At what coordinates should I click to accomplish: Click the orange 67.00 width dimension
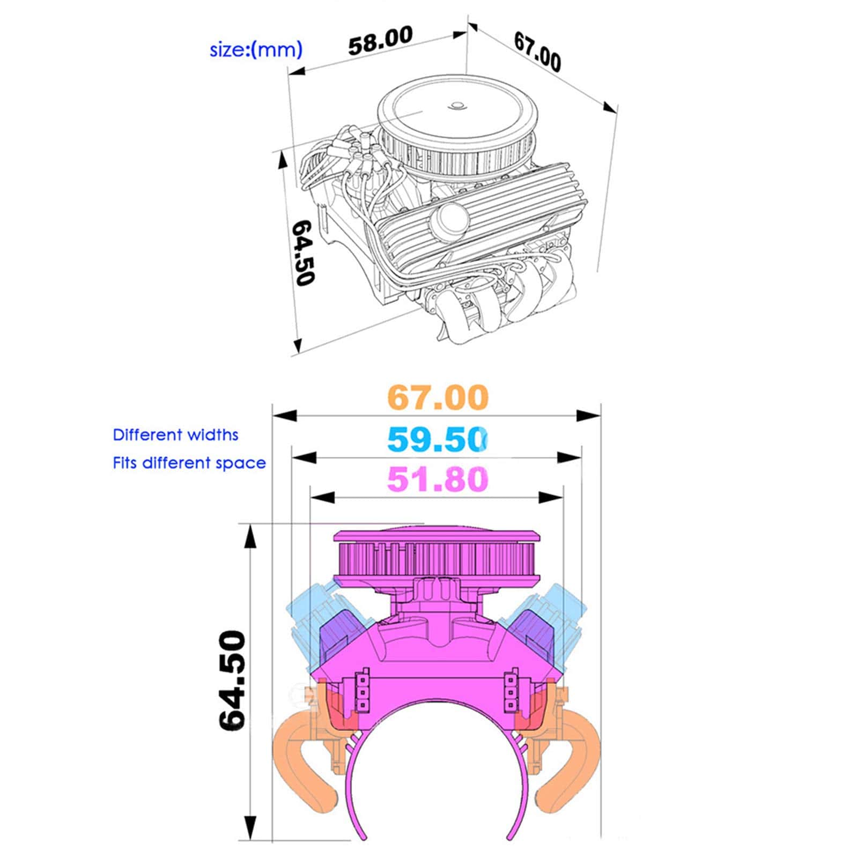[438, 397]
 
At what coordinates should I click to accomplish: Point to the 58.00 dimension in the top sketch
[381, 40]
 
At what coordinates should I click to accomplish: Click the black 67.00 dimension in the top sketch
[538, 51]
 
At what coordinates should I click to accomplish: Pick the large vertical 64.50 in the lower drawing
[232, 680]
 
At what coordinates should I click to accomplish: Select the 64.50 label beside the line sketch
[302, 253]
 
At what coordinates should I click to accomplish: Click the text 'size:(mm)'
[256, 50]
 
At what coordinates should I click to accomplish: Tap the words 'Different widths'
[175, 434]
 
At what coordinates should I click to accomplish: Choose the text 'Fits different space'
[189, 463]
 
